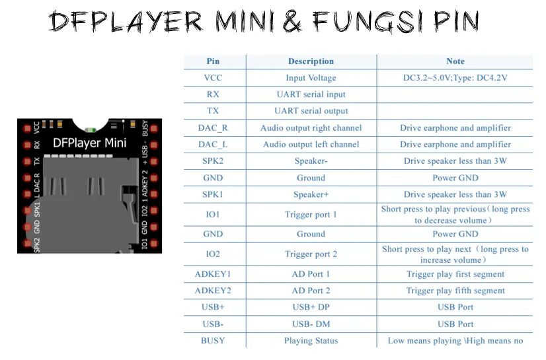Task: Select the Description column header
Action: (311, 61)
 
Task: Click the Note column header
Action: (455, 61)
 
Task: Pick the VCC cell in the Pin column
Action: (213, 78)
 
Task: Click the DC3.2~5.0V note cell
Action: (455, 78)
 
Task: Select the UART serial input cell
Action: (311, 94)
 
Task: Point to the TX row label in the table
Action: (213, 111)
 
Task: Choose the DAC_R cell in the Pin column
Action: (213, 128)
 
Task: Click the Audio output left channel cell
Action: (311, 145)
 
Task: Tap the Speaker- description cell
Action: (311, 161)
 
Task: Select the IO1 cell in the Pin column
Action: (213, 215)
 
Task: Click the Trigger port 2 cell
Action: (311, 254)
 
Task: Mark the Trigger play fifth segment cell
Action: (455, 291)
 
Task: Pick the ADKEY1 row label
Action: (213, 274)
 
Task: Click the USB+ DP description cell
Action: (311, 307)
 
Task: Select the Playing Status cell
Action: (311, 341)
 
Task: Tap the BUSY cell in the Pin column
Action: (213, 341)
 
